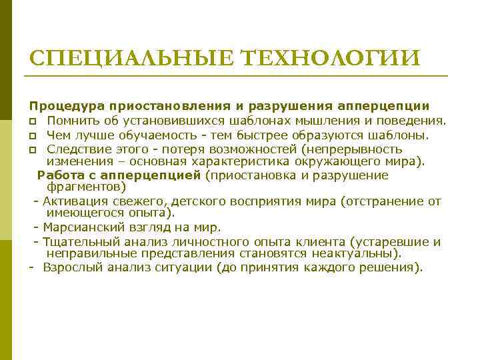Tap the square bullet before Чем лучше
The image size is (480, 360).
coord(32,136)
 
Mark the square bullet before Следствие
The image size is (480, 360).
coord(32,149)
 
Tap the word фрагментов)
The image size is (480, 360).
coord(86,187)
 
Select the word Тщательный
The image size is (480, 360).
coord(78,241)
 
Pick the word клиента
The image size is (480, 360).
coord(331,241)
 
